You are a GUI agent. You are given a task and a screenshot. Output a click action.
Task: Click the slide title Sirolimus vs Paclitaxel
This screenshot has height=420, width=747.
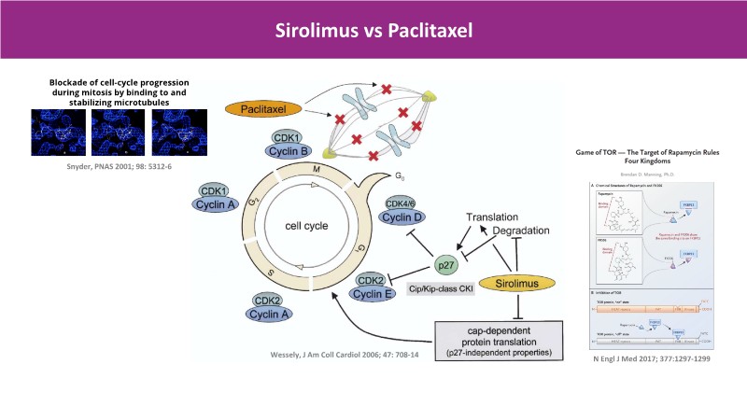coord(373,30)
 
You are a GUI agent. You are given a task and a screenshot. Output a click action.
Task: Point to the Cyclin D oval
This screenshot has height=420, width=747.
coord(403,217)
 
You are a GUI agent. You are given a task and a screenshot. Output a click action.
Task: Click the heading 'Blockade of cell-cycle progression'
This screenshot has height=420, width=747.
coord(112,82)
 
